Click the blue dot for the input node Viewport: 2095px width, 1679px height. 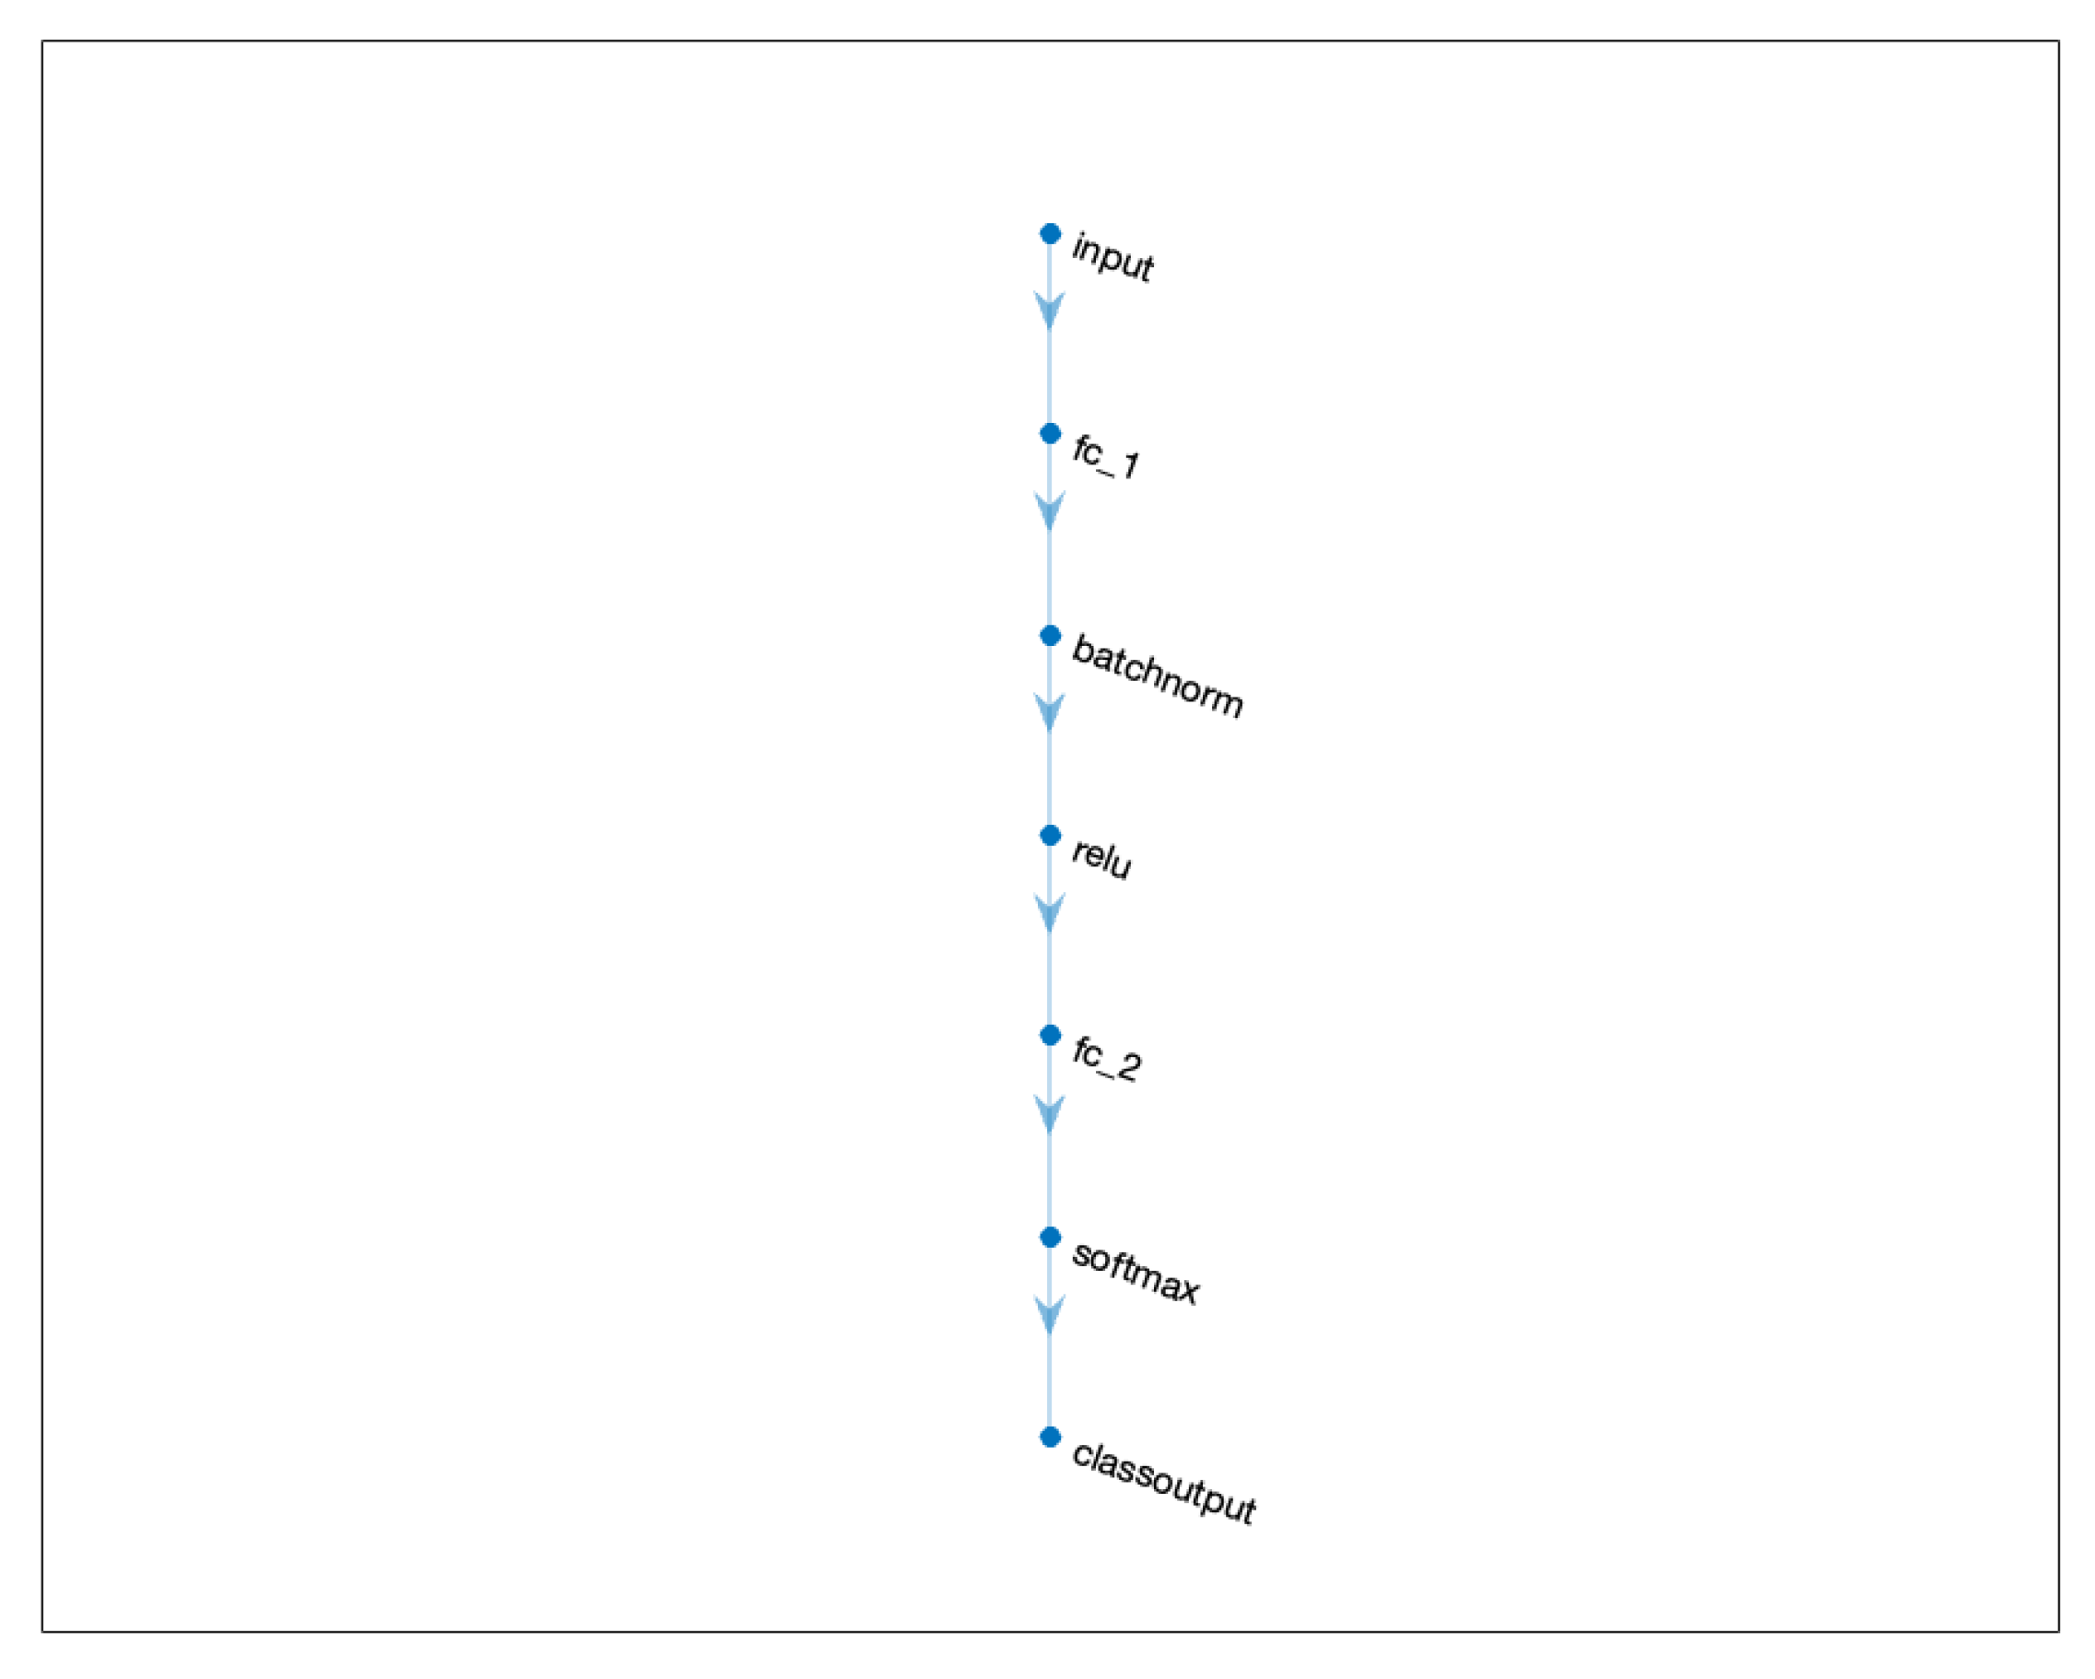coord(1050,233)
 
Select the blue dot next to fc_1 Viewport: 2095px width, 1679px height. coord(1050,433)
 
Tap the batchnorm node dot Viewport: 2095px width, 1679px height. coord(1050,636)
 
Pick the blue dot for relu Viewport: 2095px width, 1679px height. coord(1050,836)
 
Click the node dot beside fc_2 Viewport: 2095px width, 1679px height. coord(1050,1036)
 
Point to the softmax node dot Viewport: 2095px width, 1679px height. coord(1050,1237)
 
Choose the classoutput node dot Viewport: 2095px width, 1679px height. coord(1050,1437)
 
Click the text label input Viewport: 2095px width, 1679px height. coord(1112,258)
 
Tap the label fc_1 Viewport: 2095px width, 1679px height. coord(1105,458)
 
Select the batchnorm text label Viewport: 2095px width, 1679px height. coord(1157,677)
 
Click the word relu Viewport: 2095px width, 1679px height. coord(1100,857)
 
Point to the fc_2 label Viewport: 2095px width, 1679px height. coord(1106,1059)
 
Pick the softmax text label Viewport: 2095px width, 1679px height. coord(1135,1272)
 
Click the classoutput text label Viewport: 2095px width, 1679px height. coord(1163,1483)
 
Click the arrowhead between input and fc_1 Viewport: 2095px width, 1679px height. coord(1050,311)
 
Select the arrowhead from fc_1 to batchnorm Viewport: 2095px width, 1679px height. coord(1050,511)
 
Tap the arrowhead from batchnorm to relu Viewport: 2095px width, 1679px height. coord(1050,713)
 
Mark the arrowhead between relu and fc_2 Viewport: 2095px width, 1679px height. coord(1050,913)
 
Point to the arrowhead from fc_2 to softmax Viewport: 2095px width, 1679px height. coord(1050,1114)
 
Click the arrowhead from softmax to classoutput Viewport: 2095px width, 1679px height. coord(1050,1315)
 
